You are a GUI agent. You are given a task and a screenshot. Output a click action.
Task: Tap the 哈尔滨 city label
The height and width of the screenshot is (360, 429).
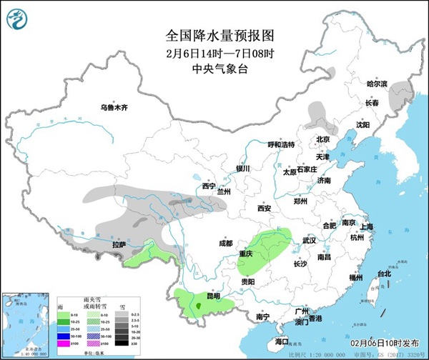(x=376, y=84)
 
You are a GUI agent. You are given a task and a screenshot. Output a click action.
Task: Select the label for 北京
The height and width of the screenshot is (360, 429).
(x=323, y=140)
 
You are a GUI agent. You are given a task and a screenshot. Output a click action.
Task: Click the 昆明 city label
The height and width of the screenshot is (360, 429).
(x=213, y=296)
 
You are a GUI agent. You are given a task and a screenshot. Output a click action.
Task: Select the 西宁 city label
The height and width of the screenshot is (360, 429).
(x=208, y=186)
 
